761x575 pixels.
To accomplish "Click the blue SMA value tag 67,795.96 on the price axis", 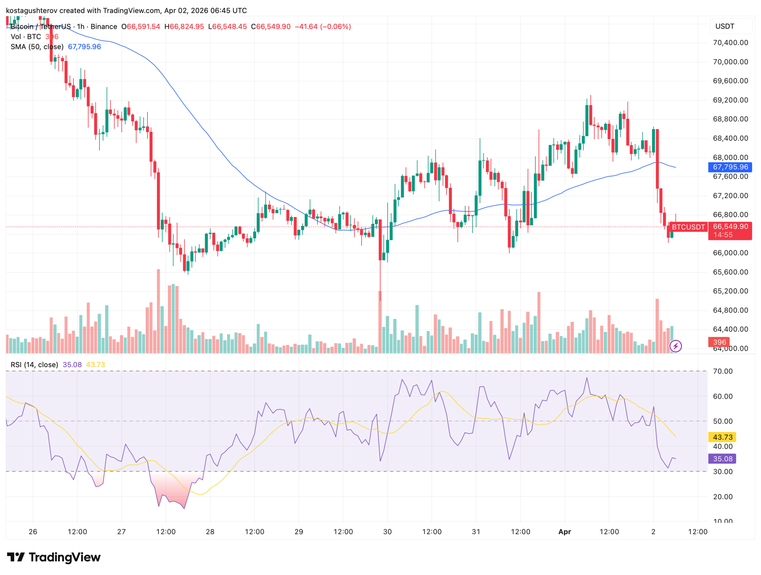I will tap(730, 167).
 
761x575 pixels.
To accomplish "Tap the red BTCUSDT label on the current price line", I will tap(688, 227).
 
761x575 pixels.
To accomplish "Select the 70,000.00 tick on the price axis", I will tap(730, 62).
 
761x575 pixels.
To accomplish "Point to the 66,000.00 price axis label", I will tap(730, 253).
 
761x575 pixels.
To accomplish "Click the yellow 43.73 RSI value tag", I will tap(722, 437).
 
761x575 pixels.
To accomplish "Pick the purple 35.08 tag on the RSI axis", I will tap(722, 459).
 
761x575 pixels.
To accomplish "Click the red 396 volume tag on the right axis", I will tap(719, 343).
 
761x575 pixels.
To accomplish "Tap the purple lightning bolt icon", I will tap(676, 346).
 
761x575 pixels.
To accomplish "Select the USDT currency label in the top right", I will tap(724, 26).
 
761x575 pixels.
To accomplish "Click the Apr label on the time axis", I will tap(565, 532).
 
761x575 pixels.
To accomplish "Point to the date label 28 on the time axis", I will tap(210, 532).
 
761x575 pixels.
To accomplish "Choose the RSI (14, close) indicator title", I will tap(34, 365).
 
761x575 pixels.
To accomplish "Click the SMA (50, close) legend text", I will tap(37, 47).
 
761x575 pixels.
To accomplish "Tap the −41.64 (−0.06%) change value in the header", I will tap(323, 27).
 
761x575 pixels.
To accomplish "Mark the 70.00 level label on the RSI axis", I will tap(722, 371).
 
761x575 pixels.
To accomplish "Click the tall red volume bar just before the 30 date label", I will tap(380, 322).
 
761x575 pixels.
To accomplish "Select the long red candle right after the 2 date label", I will tap(658, 158).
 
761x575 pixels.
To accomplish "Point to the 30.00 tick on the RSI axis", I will tap(722, 472).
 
